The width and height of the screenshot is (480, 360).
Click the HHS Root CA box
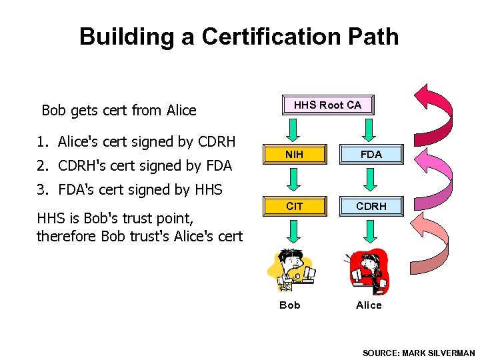pos(327,105)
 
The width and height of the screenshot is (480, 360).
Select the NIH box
pos(294,155)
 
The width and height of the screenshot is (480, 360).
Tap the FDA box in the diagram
pos(371,155)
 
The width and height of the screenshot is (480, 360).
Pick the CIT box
pos(294,207)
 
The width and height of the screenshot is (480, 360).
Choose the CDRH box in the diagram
pos(371,207)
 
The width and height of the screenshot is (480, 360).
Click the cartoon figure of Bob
pos(290,270)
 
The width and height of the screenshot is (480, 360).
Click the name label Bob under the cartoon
pos(290,305)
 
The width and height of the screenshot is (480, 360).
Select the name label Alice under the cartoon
pos(369,305)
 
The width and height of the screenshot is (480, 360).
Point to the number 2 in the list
pos(41,165)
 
